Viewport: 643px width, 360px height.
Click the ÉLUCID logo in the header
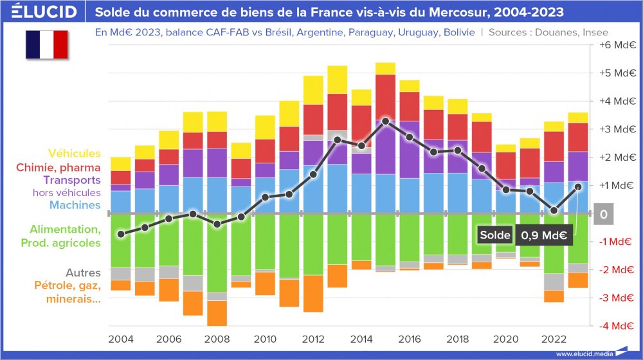pyautogui.click(x=44, y=12)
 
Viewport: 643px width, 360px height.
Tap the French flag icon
pyautogui.click(x=46, y=44)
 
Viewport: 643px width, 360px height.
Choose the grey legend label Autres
pyautogui.click(x=83, y=273)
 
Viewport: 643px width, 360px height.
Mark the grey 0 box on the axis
pyautogui.click(x=603, y=214)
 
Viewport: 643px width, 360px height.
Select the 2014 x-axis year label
pyautogui.click(x=361, y=339)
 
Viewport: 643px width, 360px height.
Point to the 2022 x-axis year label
pyautogui.click(x=554, y=339)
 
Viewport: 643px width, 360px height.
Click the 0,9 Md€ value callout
pyautogui.click(x=544, y=235)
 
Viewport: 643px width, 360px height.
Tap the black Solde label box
pyautogui.click(x=494, y=235)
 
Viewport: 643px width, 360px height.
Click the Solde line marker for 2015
pyautogui.click(x=385, y=121)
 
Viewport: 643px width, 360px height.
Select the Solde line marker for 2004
pyautogui.click(x=121, y=234)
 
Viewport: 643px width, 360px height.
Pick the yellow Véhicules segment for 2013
pyautogui.click(x=337, y=80)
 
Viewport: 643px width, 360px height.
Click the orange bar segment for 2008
pyautogui.click(x=217, y=313)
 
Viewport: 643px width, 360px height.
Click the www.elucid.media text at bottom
pyautogui.click(x=583, y=354)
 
